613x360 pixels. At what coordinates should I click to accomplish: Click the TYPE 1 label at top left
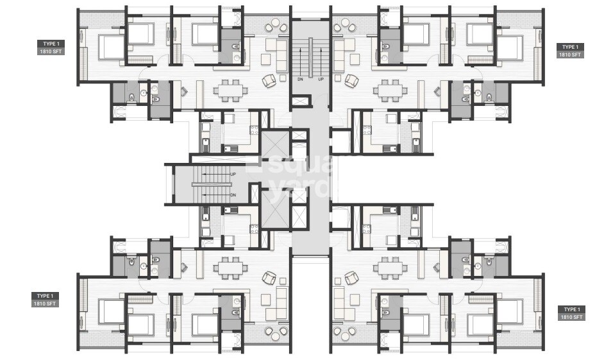click(49, 44)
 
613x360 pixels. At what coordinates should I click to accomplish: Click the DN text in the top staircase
click(300, 80)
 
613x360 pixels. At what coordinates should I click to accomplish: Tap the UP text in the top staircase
click(321, 80)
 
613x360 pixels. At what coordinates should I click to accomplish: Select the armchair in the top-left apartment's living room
click(269, 81)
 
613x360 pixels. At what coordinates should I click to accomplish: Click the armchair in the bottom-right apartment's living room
click(351, 277)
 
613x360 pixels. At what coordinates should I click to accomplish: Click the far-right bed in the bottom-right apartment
click(510, 311)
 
